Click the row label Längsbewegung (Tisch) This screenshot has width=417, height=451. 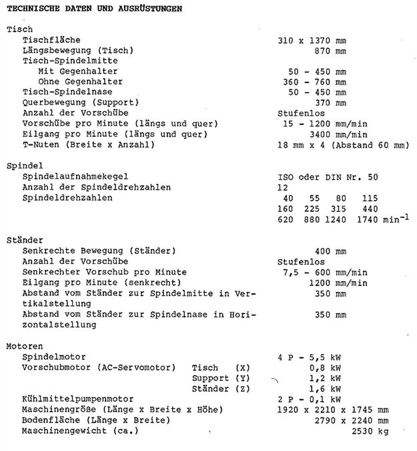78,51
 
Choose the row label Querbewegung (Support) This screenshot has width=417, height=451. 81,102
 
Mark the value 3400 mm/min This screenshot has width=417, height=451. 341,134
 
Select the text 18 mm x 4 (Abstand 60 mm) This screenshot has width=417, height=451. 343,144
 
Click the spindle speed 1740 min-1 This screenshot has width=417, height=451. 382,218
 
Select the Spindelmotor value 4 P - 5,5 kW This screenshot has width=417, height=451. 313,357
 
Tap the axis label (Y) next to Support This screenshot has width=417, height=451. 244,378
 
